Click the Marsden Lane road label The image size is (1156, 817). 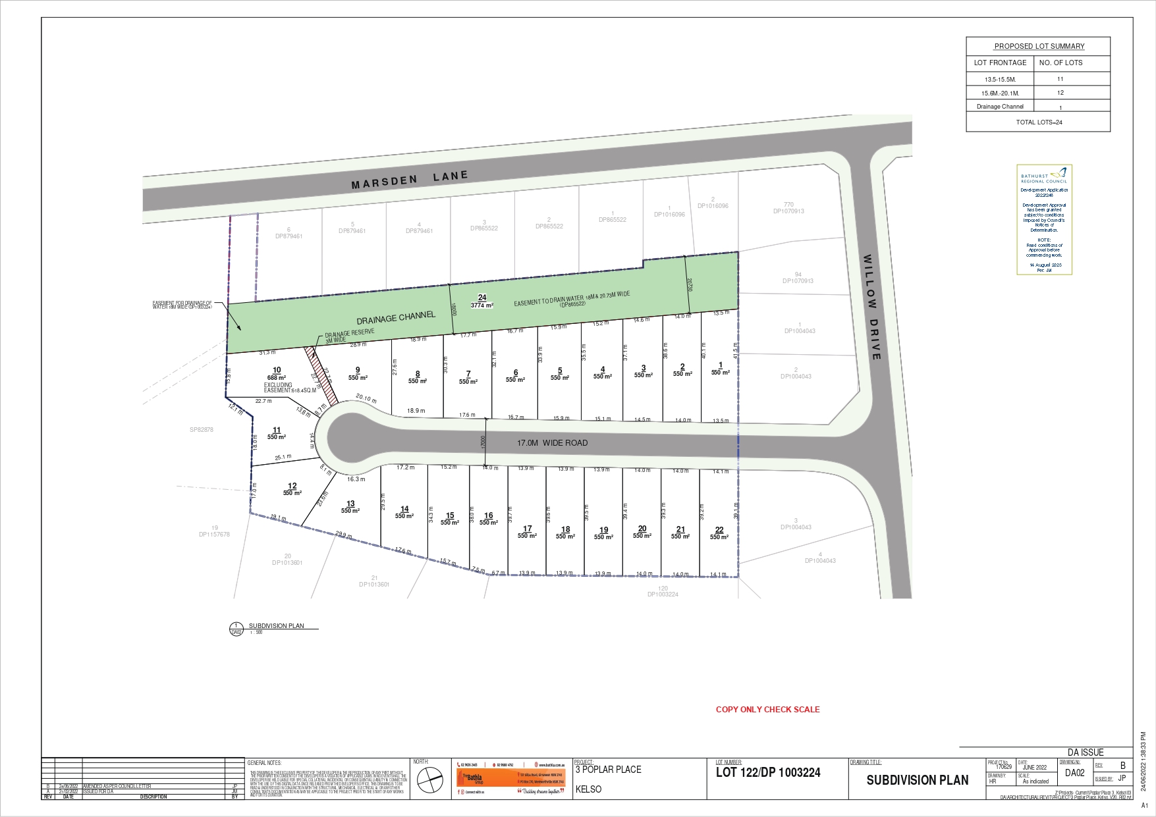pos(409,180)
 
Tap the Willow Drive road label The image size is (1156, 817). pos(871,307)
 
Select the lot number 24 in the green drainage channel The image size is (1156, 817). pos(482,298)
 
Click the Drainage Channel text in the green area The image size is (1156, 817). pos(396,317)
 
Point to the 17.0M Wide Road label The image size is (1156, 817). pos(552,443)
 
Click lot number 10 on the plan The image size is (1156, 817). pos(277,370)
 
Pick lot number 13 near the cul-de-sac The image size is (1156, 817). pos(350,504)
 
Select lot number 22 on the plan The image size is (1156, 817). pos(719,530)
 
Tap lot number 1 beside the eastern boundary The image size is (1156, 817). pos(721,365)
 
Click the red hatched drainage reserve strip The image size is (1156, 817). pos(321,375)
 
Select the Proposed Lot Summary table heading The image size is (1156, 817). pos(1039,46)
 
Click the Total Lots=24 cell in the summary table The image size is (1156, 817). pos(1039,122)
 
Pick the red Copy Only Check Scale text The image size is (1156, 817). pos(767,709)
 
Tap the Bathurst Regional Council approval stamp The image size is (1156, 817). pos(1044,219)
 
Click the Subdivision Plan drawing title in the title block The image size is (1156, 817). pos(917,780)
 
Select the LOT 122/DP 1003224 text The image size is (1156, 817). pos(768,773)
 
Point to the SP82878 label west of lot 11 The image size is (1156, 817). pos(202,430)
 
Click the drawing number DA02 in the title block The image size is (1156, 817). pos(1074,773)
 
